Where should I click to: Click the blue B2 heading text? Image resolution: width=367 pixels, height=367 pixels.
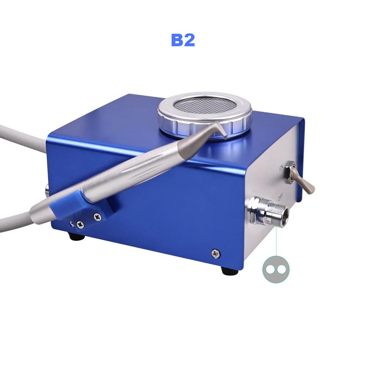click(183, 40)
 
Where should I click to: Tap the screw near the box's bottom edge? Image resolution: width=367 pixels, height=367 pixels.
click(215, 252)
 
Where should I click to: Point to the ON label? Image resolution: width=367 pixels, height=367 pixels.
click(281, 168)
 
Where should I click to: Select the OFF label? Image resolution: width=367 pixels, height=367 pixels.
click(281, 198)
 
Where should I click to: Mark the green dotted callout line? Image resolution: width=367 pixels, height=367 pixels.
click(276, 242)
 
